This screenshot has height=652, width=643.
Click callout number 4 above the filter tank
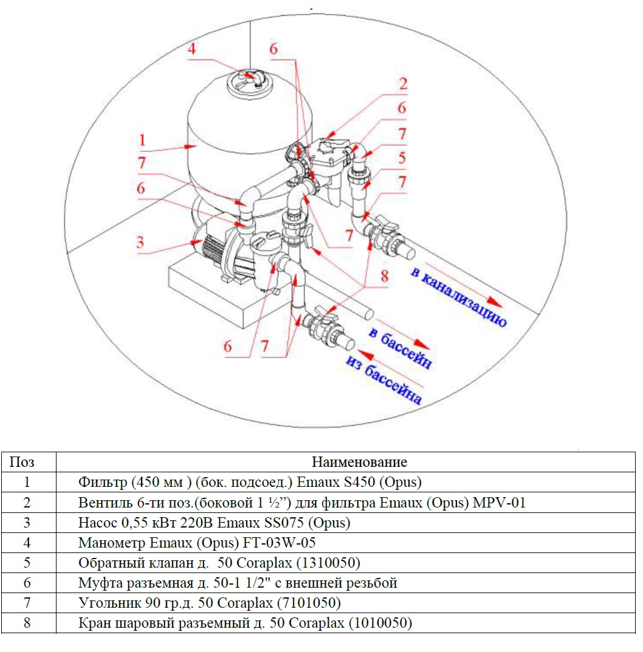point(191,49)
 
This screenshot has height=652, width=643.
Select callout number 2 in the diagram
point(403,84)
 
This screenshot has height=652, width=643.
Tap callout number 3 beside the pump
point(140,242)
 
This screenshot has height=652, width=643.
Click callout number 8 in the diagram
point(384,276)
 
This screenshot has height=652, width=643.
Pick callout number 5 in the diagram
point(402,158)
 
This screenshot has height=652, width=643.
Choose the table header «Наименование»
point(359,462)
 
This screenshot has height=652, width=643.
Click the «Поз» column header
point(22,462)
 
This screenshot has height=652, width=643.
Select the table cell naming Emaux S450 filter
point(250,482)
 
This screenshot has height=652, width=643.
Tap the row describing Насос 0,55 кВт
point(214,522)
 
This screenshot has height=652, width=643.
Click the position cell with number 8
point(27,622)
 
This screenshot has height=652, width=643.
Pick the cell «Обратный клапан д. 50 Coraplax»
point(219,563)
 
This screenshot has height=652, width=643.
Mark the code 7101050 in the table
point(309,602)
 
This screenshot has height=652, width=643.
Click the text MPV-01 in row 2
point(499,502)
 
